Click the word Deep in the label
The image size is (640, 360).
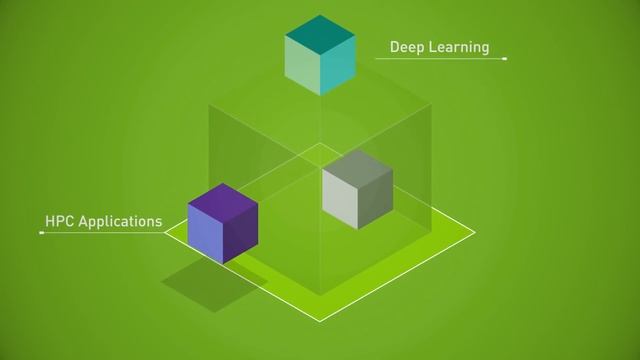tap(405, 47)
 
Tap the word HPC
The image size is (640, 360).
tap(59, 220)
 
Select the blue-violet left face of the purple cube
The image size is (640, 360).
tap(205, 231)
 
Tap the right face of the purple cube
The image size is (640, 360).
tap(241, 232)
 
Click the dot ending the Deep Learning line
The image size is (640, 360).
tap(505, 60)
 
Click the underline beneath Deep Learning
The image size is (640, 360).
tap(440, 60)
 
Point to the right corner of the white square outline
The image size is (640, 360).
tap(475, 233)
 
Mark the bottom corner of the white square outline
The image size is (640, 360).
tap(320, 322)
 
